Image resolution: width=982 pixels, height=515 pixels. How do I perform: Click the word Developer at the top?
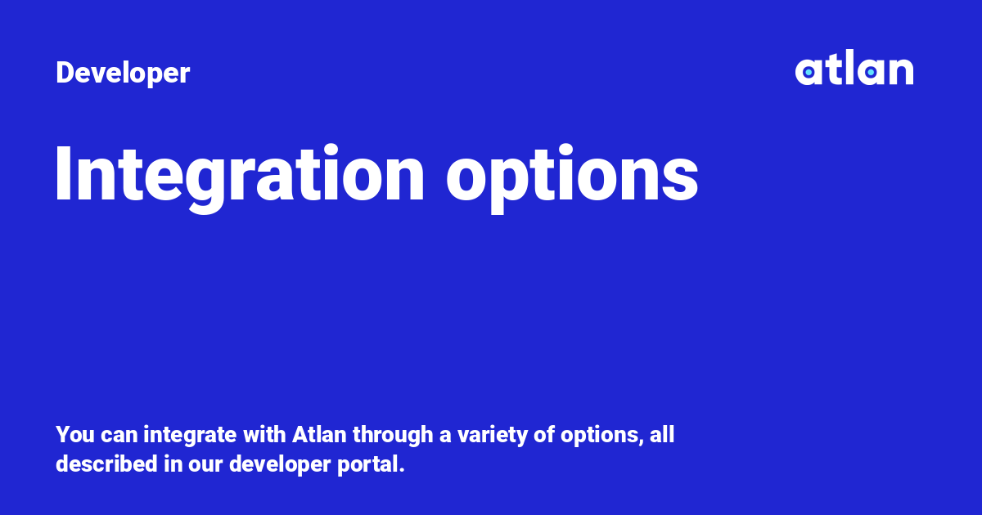(x=123, y=73)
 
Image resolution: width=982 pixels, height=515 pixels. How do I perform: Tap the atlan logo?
(x=854, y=67)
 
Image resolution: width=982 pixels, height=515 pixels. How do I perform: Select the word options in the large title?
(x=572, y=177)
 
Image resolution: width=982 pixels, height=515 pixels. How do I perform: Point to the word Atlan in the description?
(x=319, y=434)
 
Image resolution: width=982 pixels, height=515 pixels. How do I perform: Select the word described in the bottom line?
(x=106, y=463)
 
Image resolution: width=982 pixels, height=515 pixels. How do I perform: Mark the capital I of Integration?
(x=63, y=173)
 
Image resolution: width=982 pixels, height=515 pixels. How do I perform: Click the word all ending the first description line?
(x=662, y=434)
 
